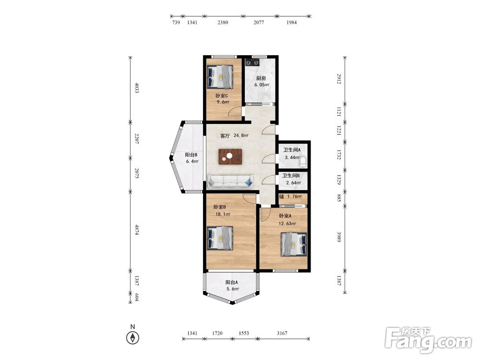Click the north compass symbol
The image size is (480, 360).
click(132, 337)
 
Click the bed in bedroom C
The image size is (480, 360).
click(220, 77)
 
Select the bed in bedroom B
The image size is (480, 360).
click(220, 238)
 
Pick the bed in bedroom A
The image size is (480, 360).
click(294, 244)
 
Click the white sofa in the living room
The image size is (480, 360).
click(230, 181)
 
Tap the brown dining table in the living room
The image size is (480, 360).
click(230, 157)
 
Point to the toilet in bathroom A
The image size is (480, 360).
click(303, 161)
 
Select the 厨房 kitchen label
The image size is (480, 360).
click(261, 78)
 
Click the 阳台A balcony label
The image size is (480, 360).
click(232, 282)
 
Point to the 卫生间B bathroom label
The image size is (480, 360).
click(291, 176)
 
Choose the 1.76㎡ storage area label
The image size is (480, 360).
click(295, 196)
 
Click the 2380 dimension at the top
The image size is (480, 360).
click(223, 23)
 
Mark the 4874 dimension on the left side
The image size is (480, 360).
click(137, 230)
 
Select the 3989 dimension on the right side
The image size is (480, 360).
click(339, 237)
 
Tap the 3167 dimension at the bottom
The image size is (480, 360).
click(282, 333)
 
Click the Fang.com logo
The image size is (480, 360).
click(428, 340)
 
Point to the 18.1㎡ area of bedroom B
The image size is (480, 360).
click(223, 214)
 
